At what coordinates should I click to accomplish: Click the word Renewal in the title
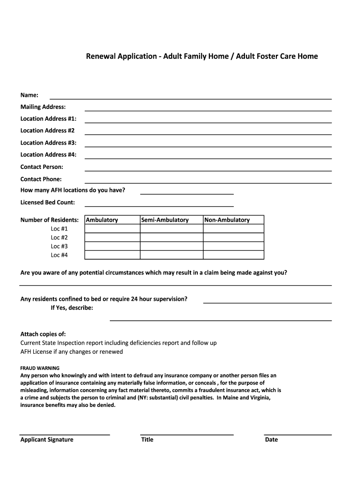100,57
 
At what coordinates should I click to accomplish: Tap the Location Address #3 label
48,143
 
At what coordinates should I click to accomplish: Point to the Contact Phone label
41,179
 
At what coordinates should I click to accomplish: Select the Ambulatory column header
102,220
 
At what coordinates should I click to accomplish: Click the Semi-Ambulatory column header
165,220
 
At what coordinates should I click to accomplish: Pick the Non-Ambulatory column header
227,220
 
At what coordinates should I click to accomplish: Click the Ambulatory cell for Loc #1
112,229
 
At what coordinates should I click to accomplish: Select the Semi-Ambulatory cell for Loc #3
172,246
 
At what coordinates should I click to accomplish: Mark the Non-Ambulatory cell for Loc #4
233,255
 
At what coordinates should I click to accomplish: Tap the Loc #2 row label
59,238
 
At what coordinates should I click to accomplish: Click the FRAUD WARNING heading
40,368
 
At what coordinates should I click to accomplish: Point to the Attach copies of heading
43,334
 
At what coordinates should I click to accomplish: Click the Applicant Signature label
47,440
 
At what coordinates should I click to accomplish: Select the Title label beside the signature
147,440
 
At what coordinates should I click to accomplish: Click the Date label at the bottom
271,440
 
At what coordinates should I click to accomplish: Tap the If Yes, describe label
72,308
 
